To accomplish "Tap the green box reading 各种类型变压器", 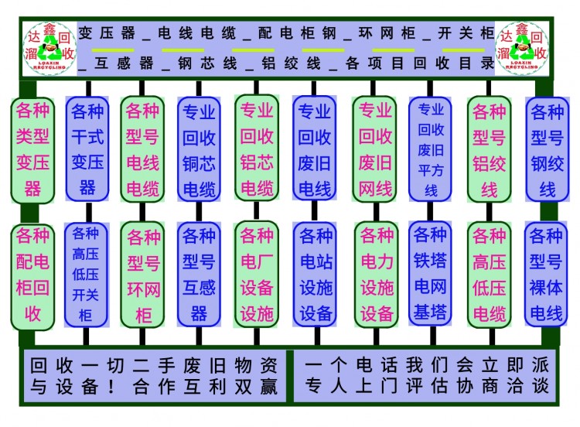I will tap(32, 149).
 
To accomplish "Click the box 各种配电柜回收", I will tap(32, 275).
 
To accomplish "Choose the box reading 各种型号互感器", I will tap(199, 275).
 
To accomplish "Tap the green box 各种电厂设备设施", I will tap(257, 275).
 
